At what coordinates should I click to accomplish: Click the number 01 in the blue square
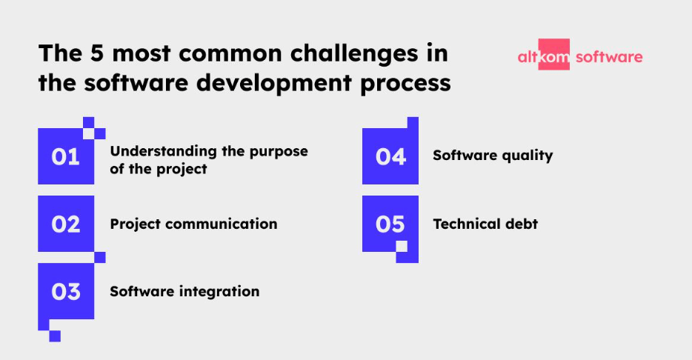[x=65, y=156]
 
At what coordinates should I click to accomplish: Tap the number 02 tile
[x=66, y=224]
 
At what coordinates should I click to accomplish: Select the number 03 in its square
[x=66, y=292]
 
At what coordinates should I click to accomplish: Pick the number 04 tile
[x=390, y=156]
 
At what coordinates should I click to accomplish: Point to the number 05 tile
[x=390, y=224]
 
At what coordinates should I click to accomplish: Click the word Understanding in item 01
[x=163, y=151]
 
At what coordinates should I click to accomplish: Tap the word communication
[x=222, y=224]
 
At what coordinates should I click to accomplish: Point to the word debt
[x=522, y=224]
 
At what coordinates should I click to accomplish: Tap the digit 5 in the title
[x=97, y=53]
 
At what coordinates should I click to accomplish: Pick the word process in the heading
[x=405, y=85]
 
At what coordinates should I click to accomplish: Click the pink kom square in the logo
[x=554, y=54]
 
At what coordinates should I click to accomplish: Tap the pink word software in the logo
[x=610, y=57]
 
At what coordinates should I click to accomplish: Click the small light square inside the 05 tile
[x=402, y=246]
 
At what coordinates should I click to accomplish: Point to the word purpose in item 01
[x=279, y=152]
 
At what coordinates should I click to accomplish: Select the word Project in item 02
[x=136, y=224]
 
